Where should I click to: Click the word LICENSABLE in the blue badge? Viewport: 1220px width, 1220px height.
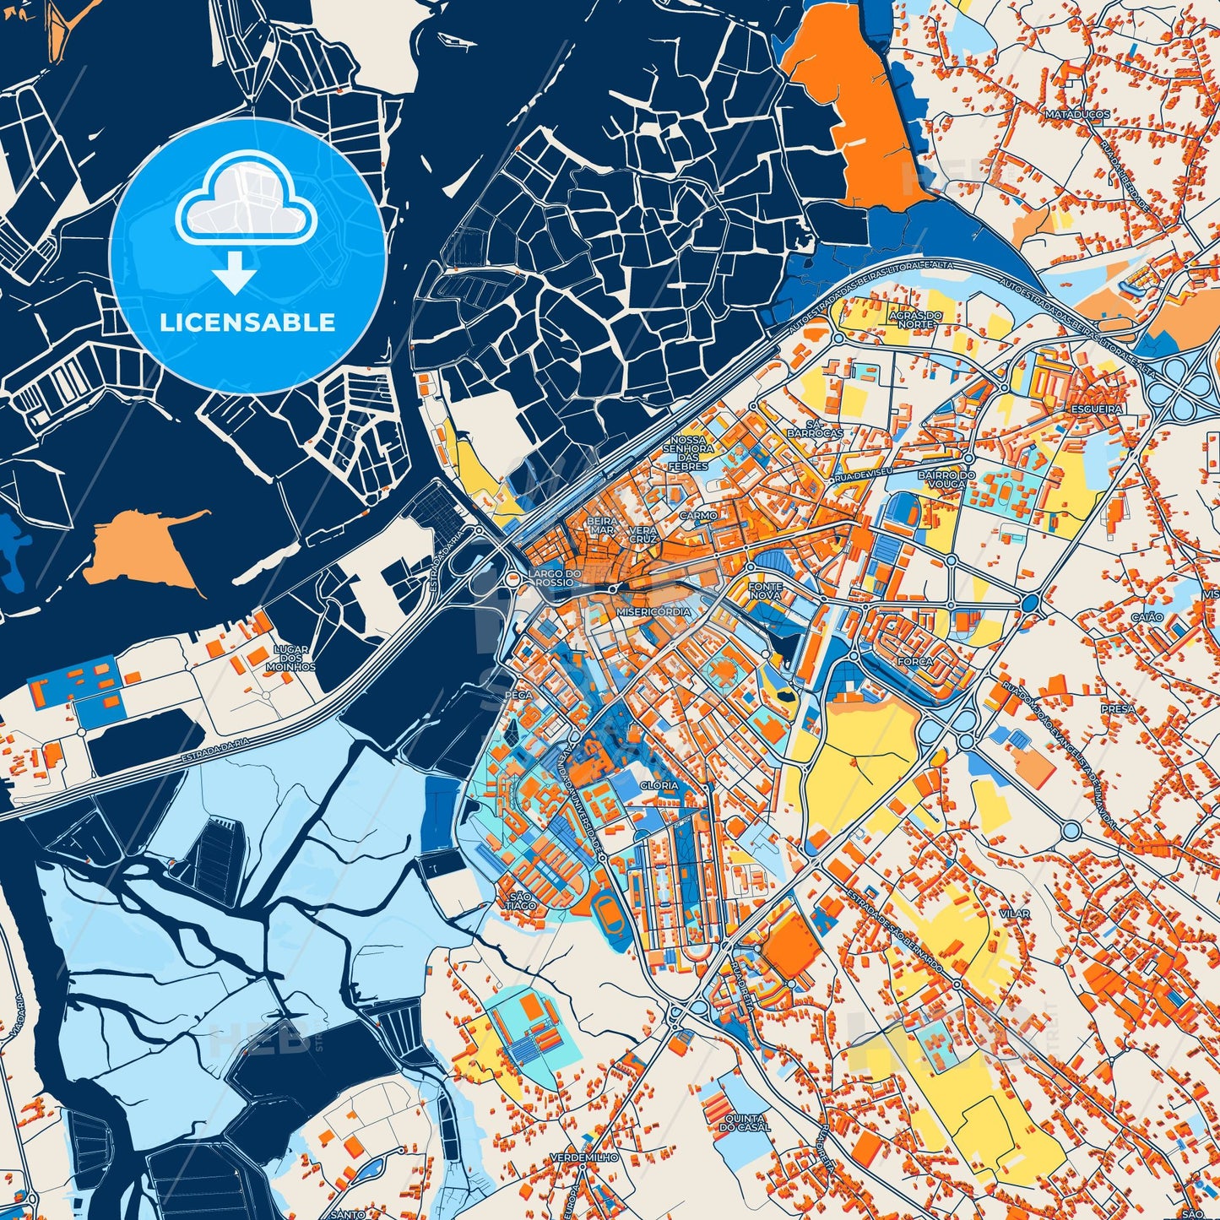pos(248,323)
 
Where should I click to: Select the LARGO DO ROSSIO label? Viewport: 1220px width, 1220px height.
pos(554,578)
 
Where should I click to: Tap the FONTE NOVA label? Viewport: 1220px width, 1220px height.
pos(766,591)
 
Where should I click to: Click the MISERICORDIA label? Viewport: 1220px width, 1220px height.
pos(654,612)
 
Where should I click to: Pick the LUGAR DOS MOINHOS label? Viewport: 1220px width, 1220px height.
pos(295,659)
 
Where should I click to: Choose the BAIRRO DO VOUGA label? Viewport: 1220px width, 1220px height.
pos(946,480)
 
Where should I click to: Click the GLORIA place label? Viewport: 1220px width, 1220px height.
pos(659,785)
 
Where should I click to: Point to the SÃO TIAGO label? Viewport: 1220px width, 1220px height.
pos(521,901)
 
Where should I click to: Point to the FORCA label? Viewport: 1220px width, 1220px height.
pos(915,663)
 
